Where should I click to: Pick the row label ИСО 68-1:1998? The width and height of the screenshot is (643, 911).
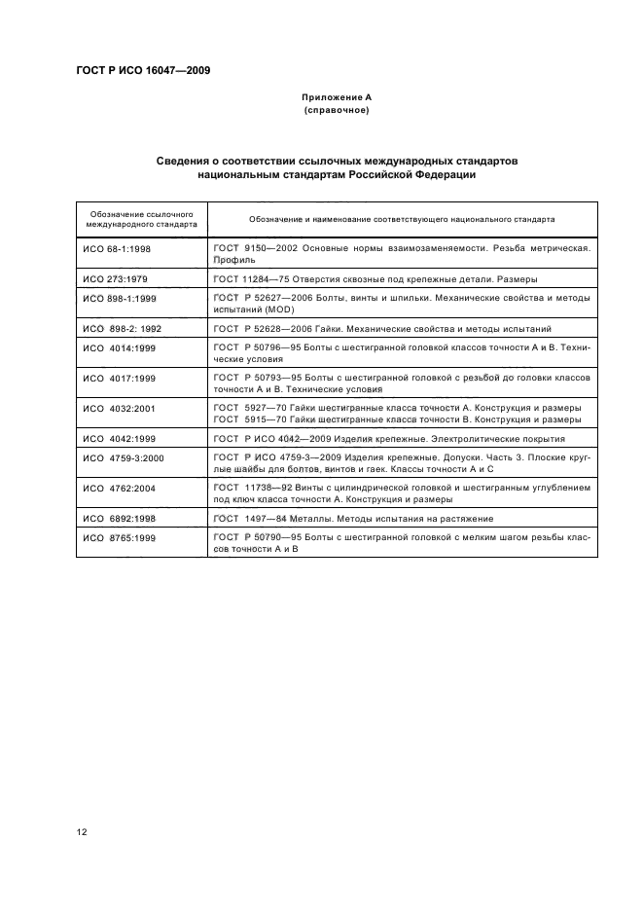point(118,248)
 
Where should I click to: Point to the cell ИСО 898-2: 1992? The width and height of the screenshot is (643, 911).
point(121,329)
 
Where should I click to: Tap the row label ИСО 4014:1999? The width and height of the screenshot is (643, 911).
point(119,347)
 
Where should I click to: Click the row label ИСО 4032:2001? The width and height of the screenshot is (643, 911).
point(119,409)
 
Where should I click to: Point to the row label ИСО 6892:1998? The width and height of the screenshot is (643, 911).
point(119,520)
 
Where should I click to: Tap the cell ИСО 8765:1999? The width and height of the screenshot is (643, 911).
point(119,538)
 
